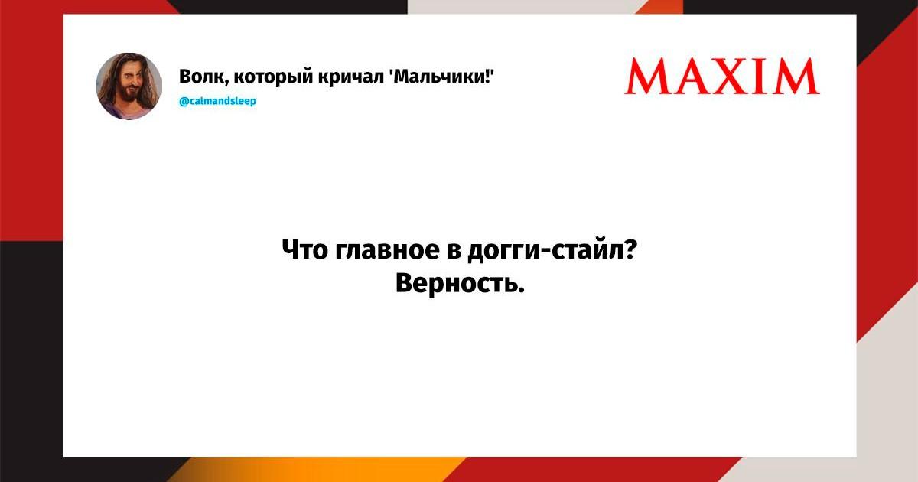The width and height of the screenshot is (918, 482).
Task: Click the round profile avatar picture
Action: click(x=129, y=86)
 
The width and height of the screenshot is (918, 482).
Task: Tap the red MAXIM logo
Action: click(x=722, y=77)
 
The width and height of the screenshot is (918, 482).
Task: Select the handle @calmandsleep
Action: click(x=217, y=101)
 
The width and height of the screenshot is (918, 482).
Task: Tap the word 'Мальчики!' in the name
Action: click(x=441, y=77)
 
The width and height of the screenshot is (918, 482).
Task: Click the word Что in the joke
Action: click(x=305, y=249)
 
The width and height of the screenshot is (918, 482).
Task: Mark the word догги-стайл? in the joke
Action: click(x=552, y=250)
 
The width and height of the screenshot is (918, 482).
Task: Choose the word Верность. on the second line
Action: click(x=460, y=283)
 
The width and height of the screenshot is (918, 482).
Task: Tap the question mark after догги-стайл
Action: click(x=630, y=249)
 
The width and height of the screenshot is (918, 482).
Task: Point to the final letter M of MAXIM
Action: click(x=797, y=77)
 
